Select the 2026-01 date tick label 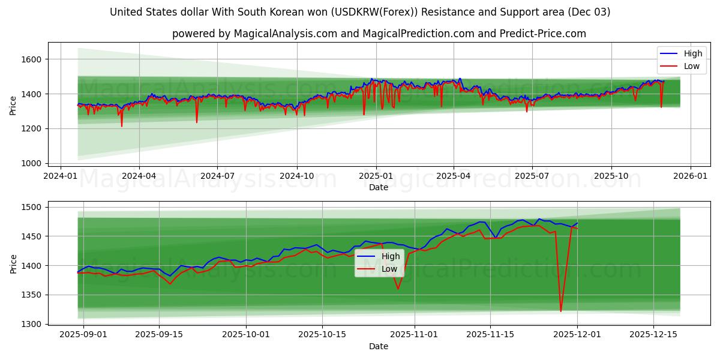tap(690, 176)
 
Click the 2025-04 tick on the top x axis tap(453, 176)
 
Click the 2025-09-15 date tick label tap(159, 335)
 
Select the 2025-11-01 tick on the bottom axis tap(415, 335)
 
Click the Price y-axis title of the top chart tap(13, 106)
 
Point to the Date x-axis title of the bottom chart tap(378, 346)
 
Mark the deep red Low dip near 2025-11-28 tap(561, 311)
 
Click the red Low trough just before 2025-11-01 tap(397, 289)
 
